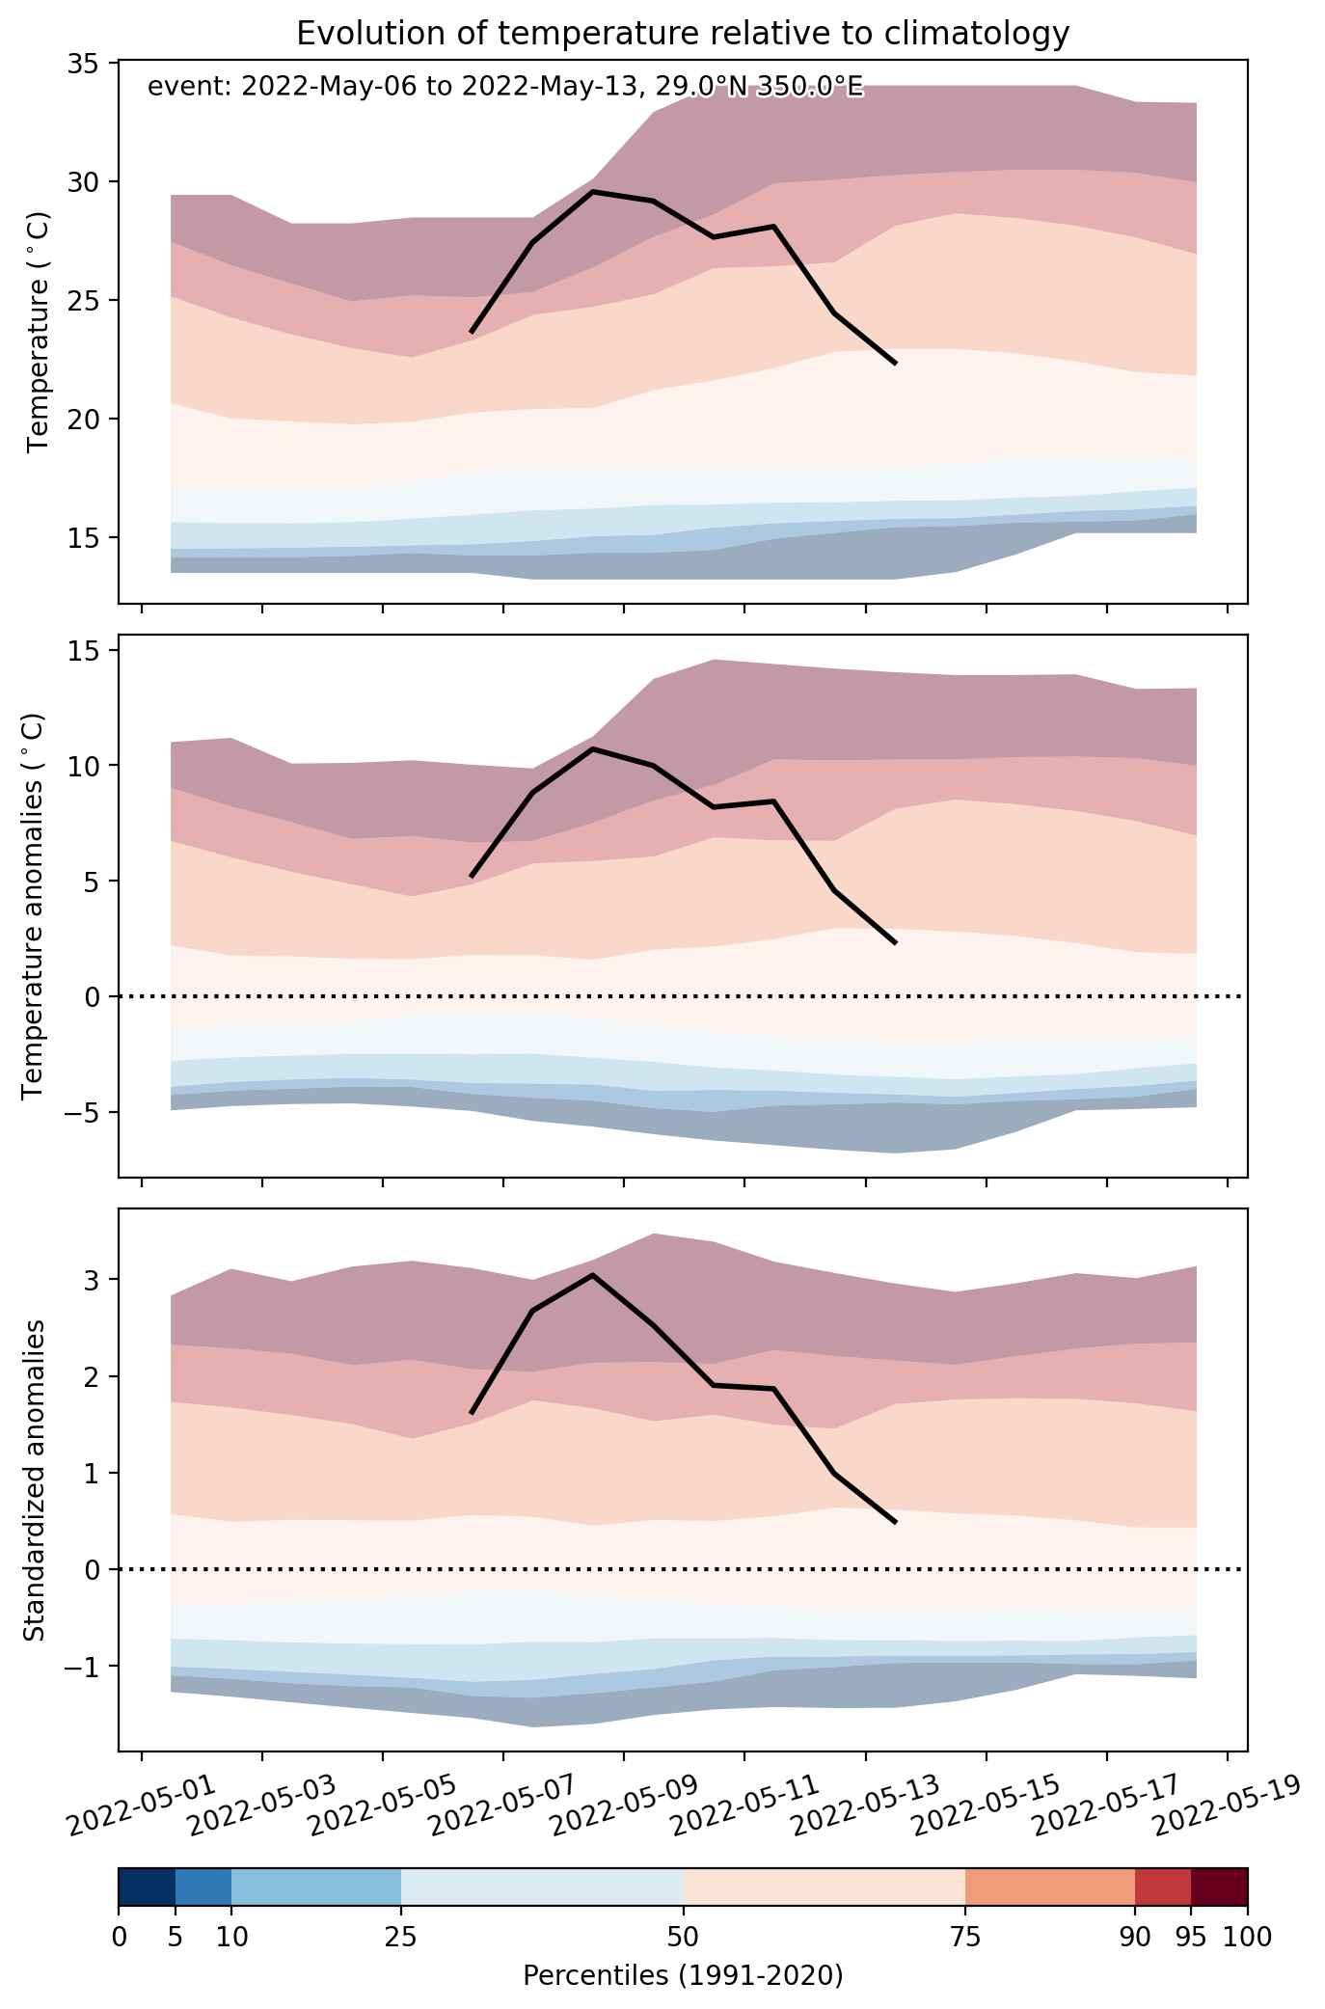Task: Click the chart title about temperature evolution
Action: click(683, 34)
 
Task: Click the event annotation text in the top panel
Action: click(504, 88)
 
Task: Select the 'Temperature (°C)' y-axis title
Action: click(39, 333)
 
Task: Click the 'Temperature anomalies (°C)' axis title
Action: click(34, 906)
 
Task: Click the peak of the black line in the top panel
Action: click(593, 191)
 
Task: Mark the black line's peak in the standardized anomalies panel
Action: click(592, 1275)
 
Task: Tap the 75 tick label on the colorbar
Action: click(965, 1937)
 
